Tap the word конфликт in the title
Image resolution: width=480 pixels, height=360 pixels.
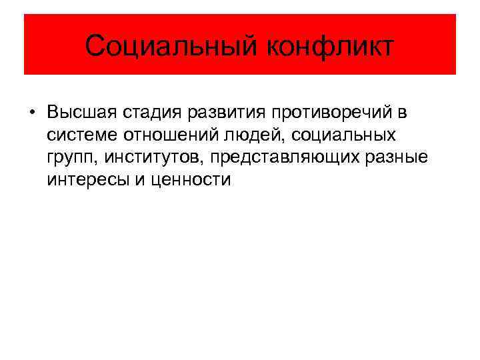330,46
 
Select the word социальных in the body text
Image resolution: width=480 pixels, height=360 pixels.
347,135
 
